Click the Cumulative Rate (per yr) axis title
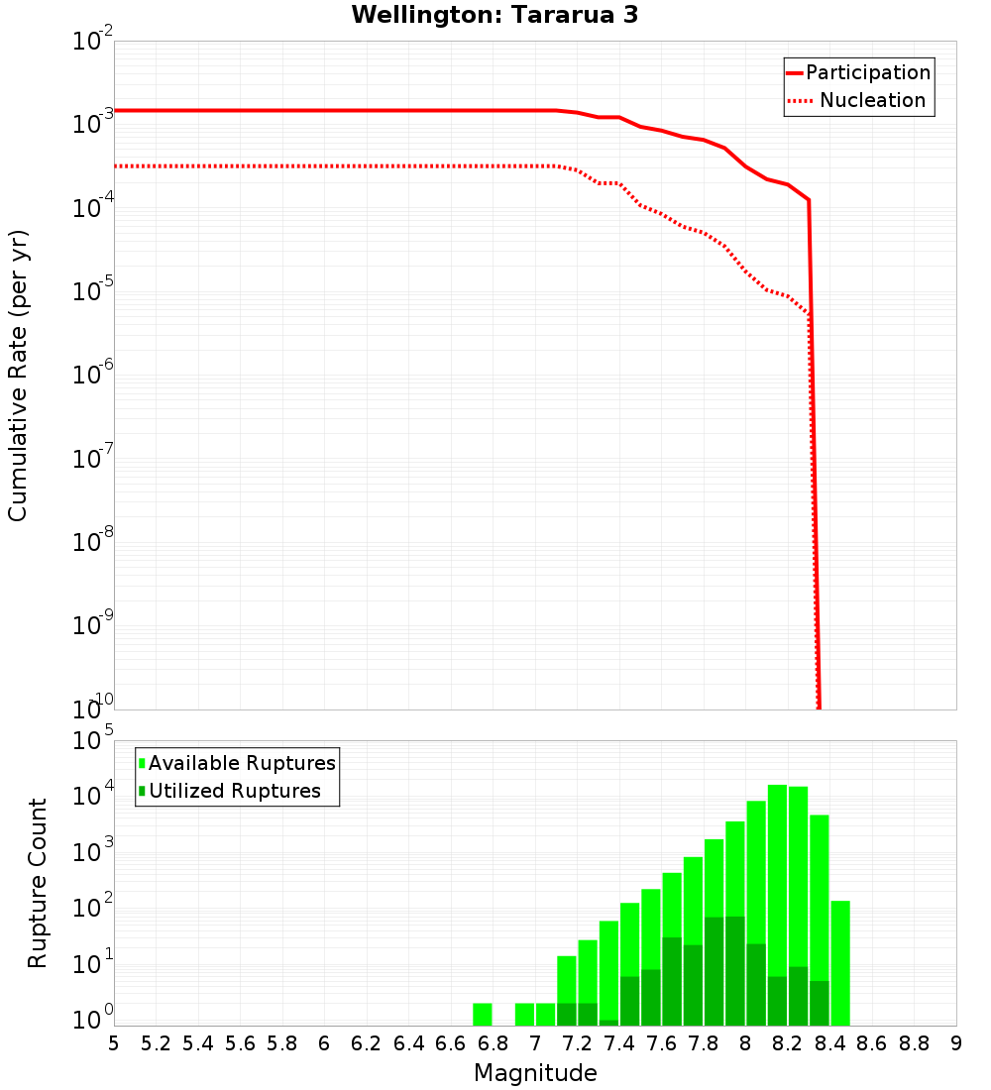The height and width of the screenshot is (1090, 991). [18, 375]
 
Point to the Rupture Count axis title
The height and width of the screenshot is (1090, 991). [38, 882]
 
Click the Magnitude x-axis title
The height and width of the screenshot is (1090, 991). [535, 1072]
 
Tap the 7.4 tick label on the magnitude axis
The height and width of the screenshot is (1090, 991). [619, 1043]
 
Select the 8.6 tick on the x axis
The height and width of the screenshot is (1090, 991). [872, 1043]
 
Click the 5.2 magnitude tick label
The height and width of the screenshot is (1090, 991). [156, 1043]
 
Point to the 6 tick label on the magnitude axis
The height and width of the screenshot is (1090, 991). [324, 1043]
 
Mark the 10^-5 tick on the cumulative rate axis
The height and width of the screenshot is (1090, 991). [89, 292]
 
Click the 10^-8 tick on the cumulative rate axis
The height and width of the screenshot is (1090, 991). [89, 543]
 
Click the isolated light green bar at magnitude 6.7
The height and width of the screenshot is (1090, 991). [483, 1015]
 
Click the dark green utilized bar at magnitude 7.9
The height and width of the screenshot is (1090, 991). [734, 971]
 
